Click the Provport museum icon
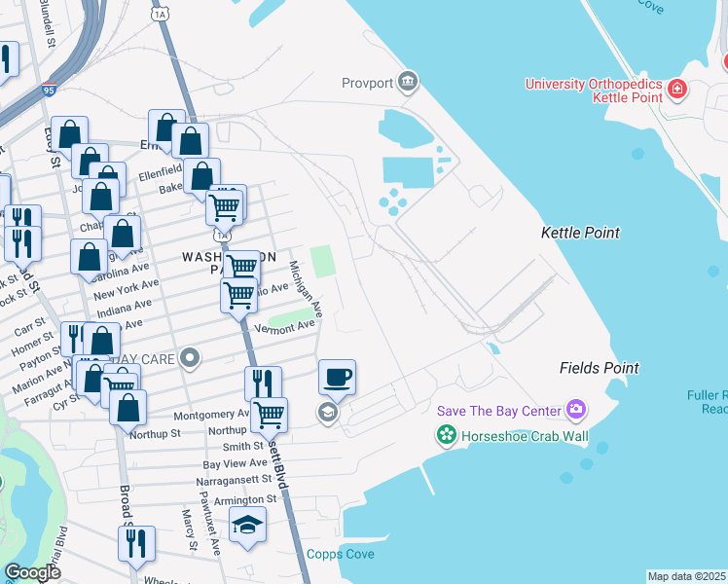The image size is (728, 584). coord(408,83)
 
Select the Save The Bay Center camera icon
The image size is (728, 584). coord(577,410)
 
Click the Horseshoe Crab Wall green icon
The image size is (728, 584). coord(447,435)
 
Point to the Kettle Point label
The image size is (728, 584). coord(580,234)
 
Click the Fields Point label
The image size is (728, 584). coord(599,368)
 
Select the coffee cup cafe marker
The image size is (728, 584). coord(337,377)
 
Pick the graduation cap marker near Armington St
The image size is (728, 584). coord(248,526)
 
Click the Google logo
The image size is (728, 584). coord(32,572)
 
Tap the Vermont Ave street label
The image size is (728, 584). coord(284,329)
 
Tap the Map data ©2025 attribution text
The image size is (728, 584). coord(686,576)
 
